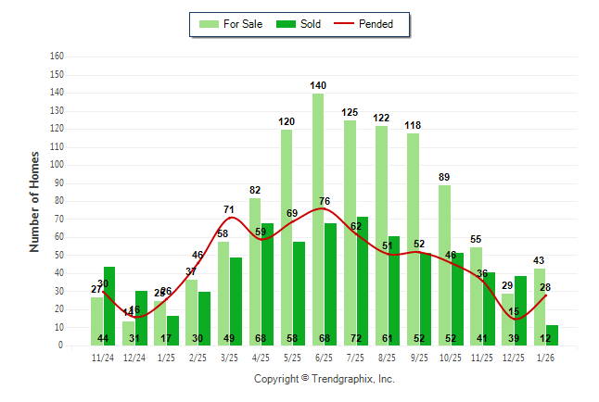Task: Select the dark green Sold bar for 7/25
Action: (363, 278)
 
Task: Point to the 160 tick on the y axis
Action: (57, 57)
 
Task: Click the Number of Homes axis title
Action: (34, 201)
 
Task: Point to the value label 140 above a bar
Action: (318, 85)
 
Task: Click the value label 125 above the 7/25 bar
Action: (350, 112)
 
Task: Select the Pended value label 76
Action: (325, 201)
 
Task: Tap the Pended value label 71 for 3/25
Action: (229, 209)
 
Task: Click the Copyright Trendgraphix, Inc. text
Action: (324, 379)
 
